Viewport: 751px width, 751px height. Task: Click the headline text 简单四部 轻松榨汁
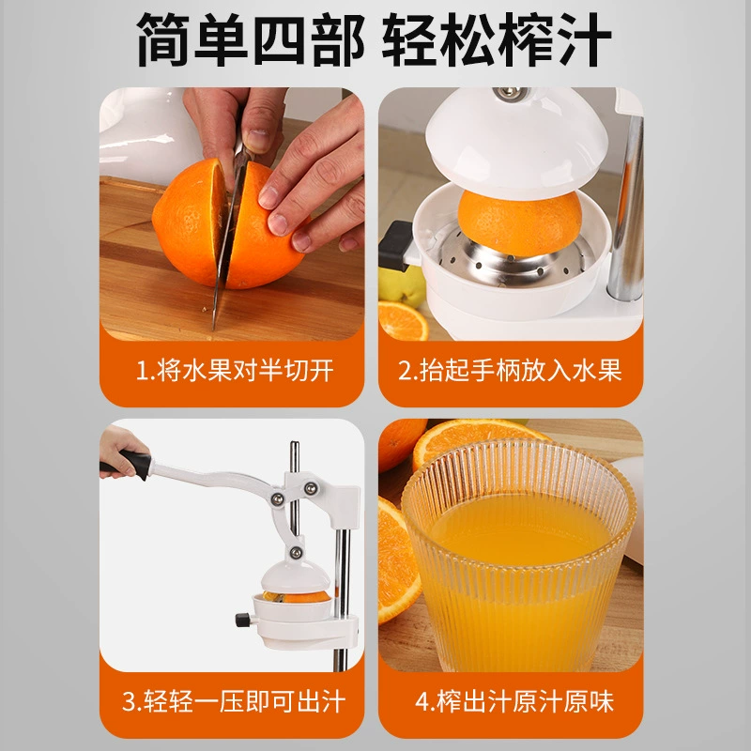[374, 39]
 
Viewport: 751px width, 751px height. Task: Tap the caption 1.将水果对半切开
[235, 370]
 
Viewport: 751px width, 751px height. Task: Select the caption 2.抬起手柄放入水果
[510, 370]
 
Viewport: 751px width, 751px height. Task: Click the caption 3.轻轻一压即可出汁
[234, 701]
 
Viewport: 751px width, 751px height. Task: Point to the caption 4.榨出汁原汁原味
[514, 701]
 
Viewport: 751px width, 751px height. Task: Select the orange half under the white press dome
[520, 222]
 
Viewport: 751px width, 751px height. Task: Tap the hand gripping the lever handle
[120, 451]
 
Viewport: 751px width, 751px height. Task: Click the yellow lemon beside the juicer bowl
[402, 285]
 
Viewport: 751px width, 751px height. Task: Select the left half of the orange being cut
[190, 222]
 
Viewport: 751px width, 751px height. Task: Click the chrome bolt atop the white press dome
[512, 93]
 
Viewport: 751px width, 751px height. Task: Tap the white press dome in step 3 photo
[296, 577]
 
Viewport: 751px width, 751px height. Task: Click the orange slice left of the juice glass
[397, 559]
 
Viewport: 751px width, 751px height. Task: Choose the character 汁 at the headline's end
[584, 39]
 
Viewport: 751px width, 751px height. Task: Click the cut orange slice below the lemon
[403, 321]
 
